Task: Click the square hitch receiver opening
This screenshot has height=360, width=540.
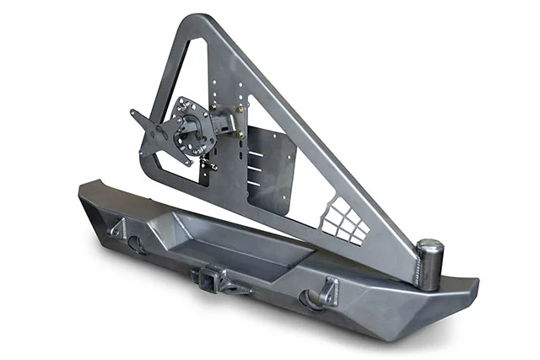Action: click(206, 276)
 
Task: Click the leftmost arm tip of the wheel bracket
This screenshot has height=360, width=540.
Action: click(135, 114)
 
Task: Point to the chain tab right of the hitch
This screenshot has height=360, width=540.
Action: click(238, 287)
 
